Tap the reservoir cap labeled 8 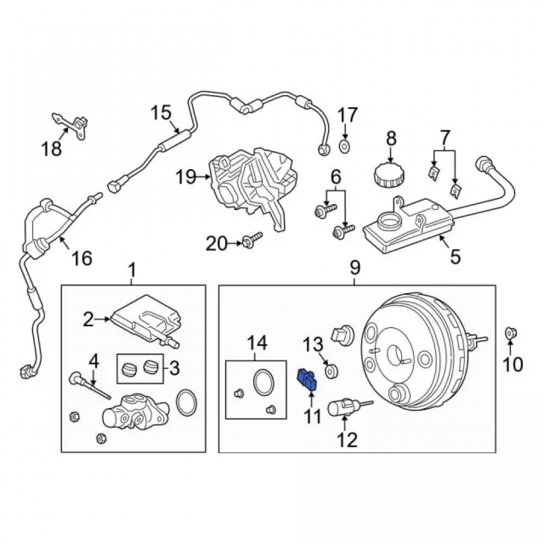click(x=391, y=173)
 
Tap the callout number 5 click(x=455, y=257)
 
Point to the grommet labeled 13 click(x=332, y=371)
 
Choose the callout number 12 click(x=348, y=440)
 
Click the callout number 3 click(x=174, y=368)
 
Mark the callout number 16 click(x=82, y=258)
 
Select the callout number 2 click(x=89, y=319)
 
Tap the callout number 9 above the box click(x=355, y=268)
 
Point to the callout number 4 click(x=94, y=362)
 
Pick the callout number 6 click(x=336, y=177)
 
